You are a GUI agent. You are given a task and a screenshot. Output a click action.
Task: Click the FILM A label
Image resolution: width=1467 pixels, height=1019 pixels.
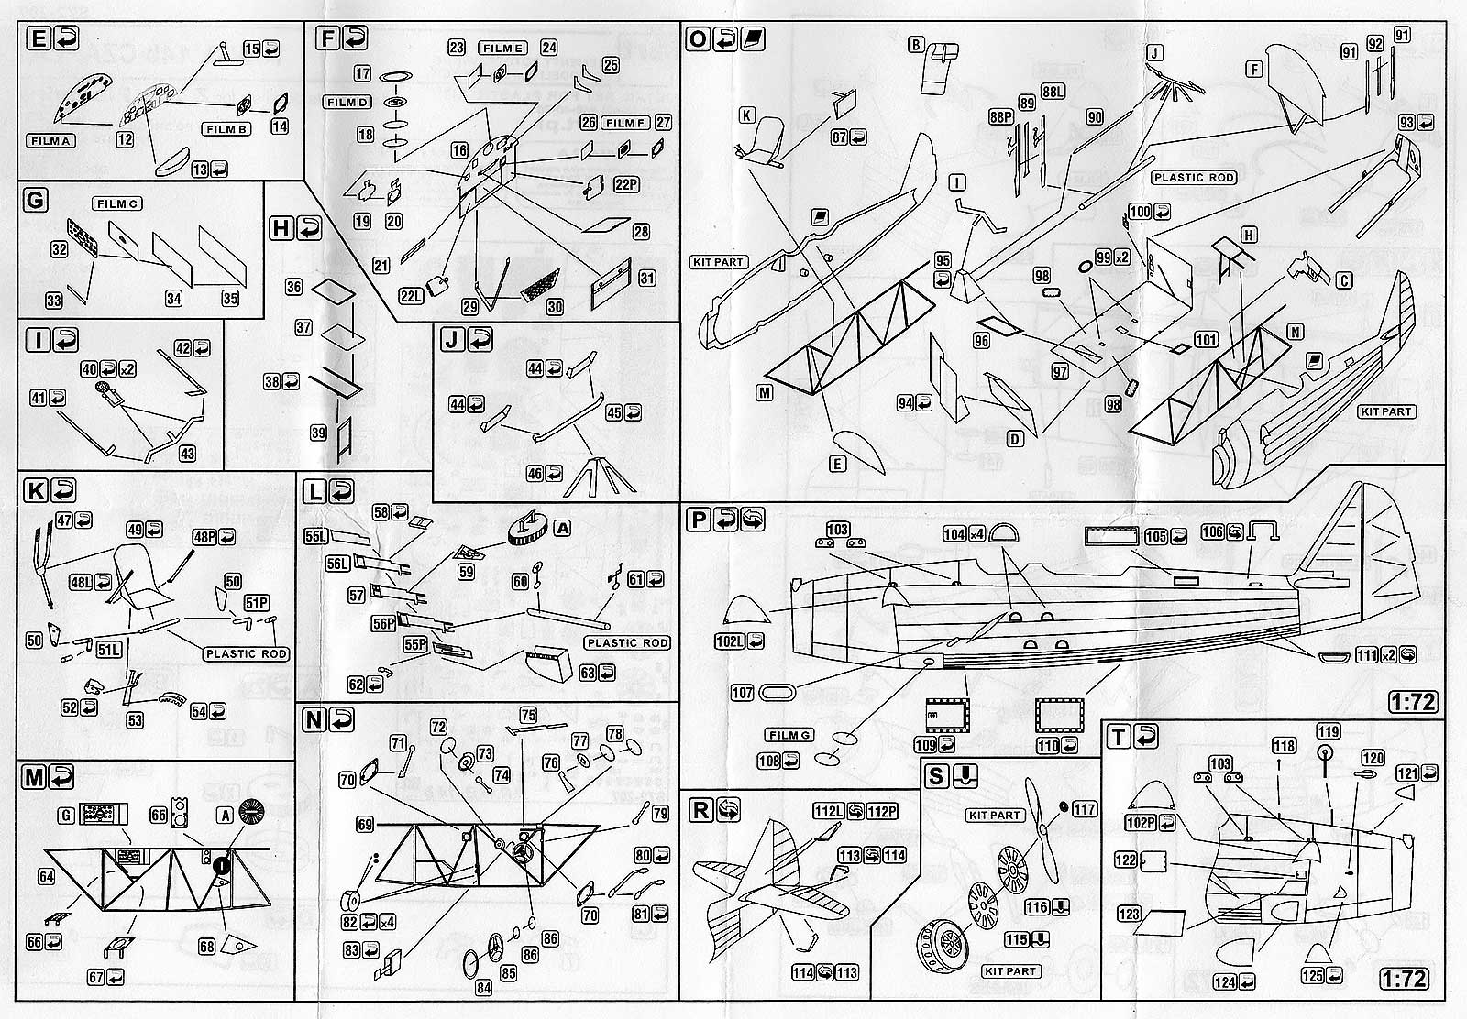pyautogui.click(x=51, y=140)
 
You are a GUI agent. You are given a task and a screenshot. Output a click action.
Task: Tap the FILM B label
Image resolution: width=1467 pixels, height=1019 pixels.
pyautogui.click(x=225, y=129)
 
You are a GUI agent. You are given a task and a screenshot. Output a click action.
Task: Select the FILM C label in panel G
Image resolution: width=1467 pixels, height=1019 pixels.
pyautogui.click(x=116, y=203)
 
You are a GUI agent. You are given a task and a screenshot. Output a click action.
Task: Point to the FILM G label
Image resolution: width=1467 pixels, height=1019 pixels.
pyautogui.click(x=789, y=735)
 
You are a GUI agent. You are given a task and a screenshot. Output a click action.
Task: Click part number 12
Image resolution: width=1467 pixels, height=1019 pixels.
pyautogui.click(x=125, y=140)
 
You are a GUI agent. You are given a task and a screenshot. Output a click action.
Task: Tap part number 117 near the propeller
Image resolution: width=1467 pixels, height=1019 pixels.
pyautogui.click(x=1084, y=809)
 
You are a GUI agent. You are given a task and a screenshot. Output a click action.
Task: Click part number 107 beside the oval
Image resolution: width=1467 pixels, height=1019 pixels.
pyautogui.click(x=742, y=693)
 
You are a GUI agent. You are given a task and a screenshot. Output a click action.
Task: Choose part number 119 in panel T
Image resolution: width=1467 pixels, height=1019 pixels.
pyautogui.click(x=1328, y=731)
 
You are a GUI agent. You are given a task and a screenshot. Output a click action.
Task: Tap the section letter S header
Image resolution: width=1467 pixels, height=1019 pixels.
pyautogui.click(x=935, y=777)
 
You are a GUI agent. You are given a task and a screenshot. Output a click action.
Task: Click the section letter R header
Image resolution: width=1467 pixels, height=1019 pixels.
pyautogui.click(x=701, y=810)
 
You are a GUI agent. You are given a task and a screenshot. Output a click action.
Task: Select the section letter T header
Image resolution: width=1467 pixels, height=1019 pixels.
pyautogui.click(x=1118, y=737)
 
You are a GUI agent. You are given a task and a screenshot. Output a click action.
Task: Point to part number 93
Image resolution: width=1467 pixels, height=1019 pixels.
pyautogui.click(x=1407, y=123)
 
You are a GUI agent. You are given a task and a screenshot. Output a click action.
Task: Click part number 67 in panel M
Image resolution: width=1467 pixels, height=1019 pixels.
pyautogui.click(x=96, y=978)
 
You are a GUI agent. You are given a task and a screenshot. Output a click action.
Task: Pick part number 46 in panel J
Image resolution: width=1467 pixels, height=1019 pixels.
pyautogui.click(x=535, y=473)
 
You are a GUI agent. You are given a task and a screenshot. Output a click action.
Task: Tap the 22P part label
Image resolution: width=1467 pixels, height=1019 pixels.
pyautogui.click(x=626, y=184)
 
